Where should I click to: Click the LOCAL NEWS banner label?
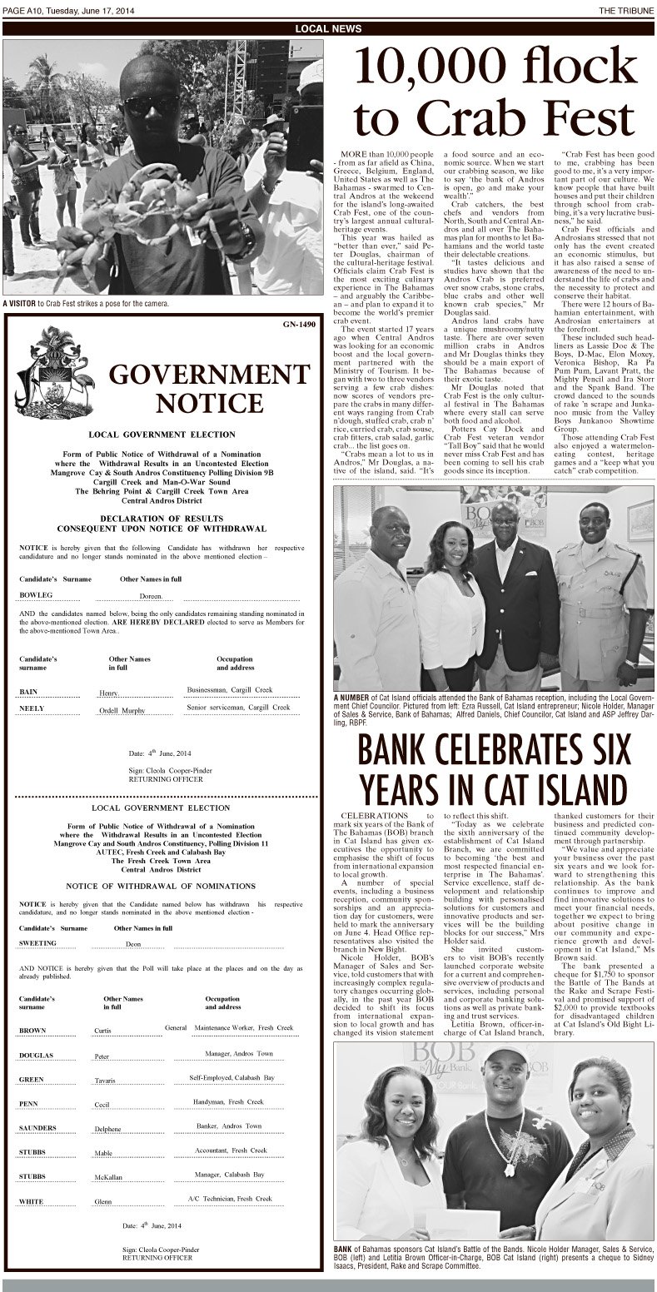click(x=328, y=28)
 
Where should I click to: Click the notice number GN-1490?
click(x=299, y=324)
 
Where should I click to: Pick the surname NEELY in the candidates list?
click(x=32, y=708)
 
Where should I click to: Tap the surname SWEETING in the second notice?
click(x=38, y=943)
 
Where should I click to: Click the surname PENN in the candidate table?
click(x=31, y=1103)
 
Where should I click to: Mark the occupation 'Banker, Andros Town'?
click(x=230, y=1126)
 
